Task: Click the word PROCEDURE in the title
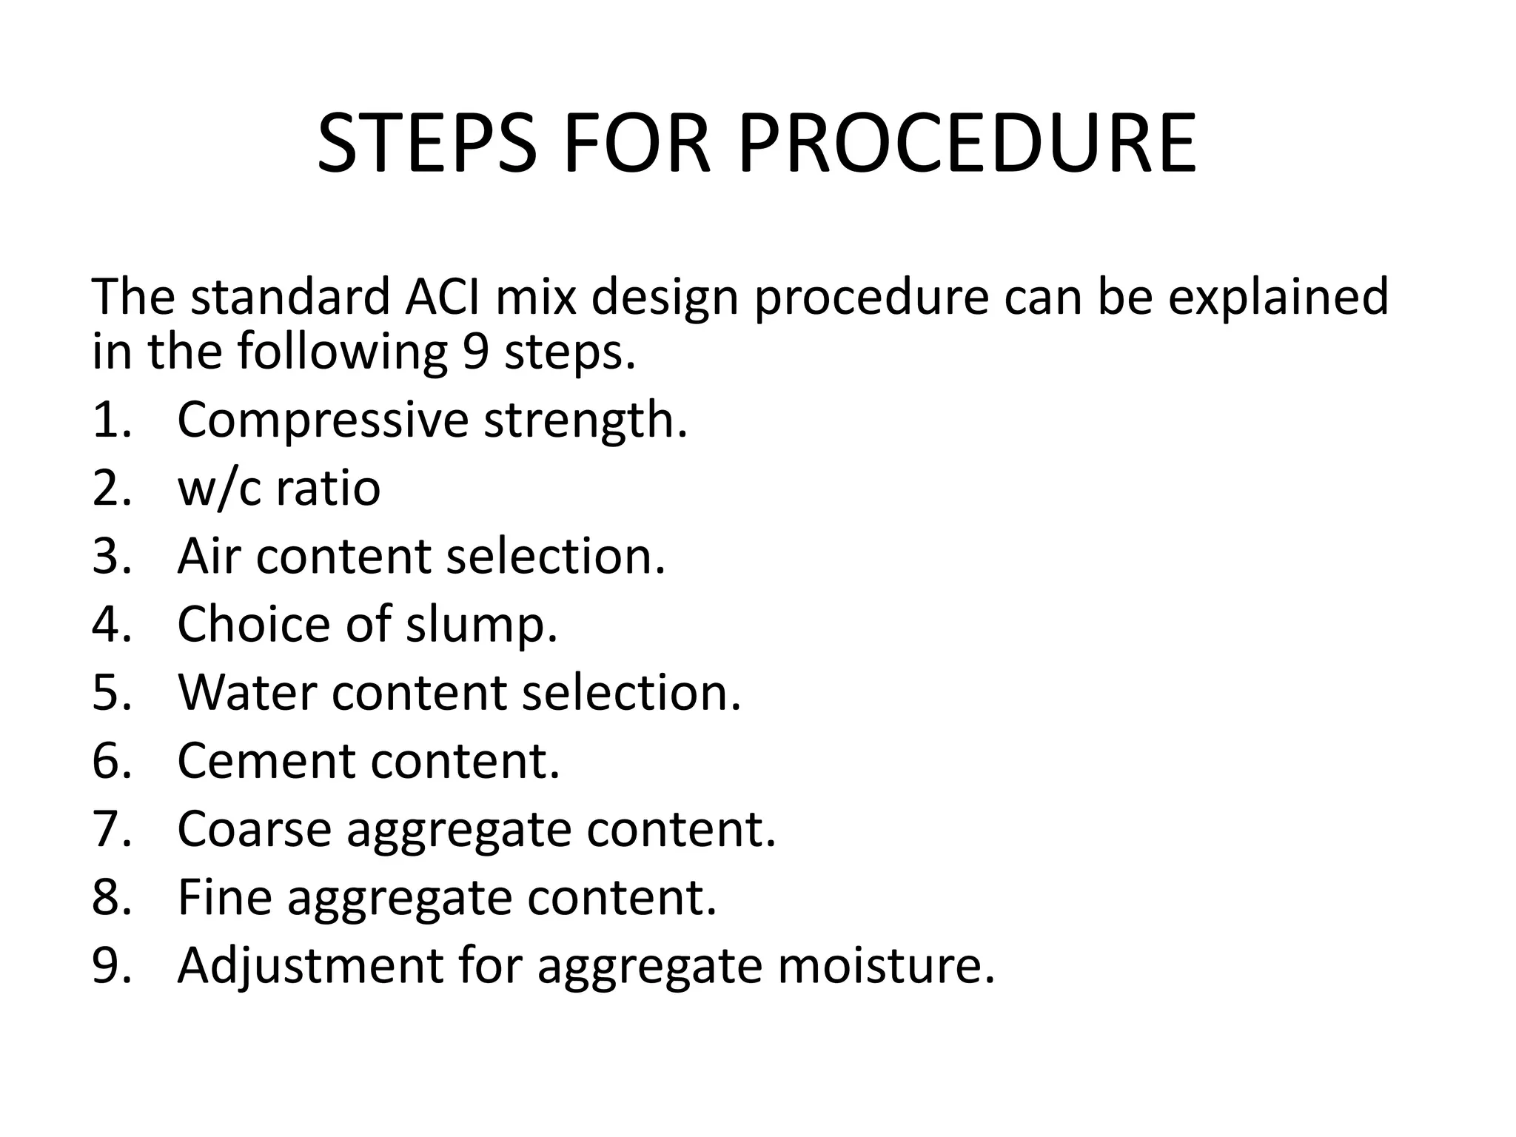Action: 967,144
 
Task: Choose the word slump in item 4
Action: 481,625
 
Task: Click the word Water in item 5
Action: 247,693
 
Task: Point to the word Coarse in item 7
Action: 254,829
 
